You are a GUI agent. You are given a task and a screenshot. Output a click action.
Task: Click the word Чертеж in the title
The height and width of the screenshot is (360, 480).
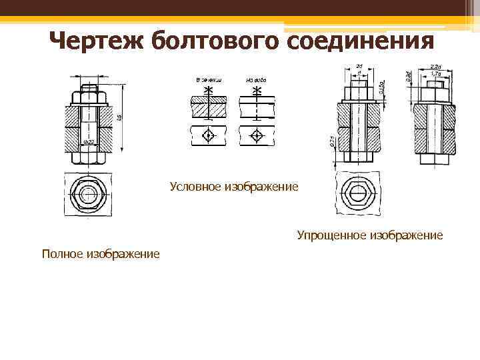[x=97, y=41]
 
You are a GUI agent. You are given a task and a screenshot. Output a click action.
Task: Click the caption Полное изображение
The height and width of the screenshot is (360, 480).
[x=101, y=253]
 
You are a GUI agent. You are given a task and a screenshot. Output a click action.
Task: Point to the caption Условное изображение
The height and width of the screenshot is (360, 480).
[x=234, y=187]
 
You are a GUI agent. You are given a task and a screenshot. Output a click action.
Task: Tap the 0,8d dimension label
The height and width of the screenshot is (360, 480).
[x=409, y=75]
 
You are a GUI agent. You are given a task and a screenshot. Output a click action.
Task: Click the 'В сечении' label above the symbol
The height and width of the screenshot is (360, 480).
[x=209, y=80]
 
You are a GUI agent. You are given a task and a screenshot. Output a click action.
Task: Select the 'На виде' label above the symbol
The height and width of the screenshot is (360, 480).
[x=256, y=80]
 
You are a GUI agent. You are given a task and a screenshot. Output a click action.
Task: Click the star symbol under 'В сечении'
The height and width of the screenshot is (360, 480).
[x=209, y=89]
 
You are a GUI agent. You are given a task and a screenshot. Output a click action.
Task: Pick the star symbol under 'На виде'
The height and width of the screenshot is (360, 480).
[x=257, y=89]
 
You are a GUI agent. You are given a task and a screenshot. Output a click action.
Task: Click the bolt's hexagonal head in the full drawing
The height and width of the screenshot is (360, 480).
[x=89, y=195]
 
